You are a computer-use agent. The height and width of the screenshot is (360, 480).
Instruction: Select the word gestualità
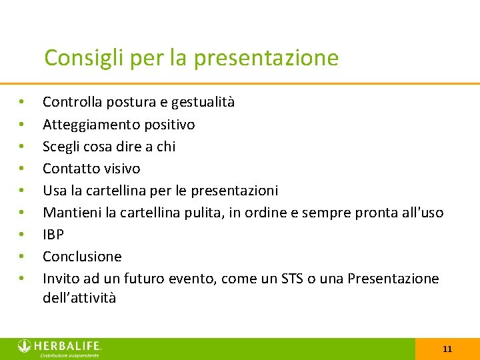[203, 102]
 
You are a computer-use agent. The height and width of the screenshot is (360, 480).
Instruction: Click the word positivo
[169, 125]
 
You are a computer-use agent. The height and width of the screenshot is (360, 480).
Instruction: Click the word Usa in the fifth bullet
[55, 191]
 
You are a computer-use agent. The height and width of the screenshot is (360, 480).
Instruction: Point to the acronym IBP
[53, 235]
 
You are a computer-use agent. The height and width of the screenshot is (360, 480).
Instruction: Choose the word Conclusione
[82, 257]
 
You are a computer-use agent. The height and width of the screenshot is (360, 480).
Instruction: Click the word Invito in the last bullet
[61, 279]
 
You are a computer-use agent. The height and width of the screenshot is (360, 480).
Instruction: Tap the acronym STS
[291, 279]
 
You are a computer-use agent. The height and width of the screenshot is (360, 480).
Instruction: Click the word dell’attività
[79, 298]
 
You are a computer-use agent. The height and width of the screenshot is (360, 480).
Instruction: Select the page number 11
[447, 349]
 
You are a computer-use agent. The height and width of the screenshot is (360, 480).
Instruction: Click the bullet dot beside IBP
[22, 235]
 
